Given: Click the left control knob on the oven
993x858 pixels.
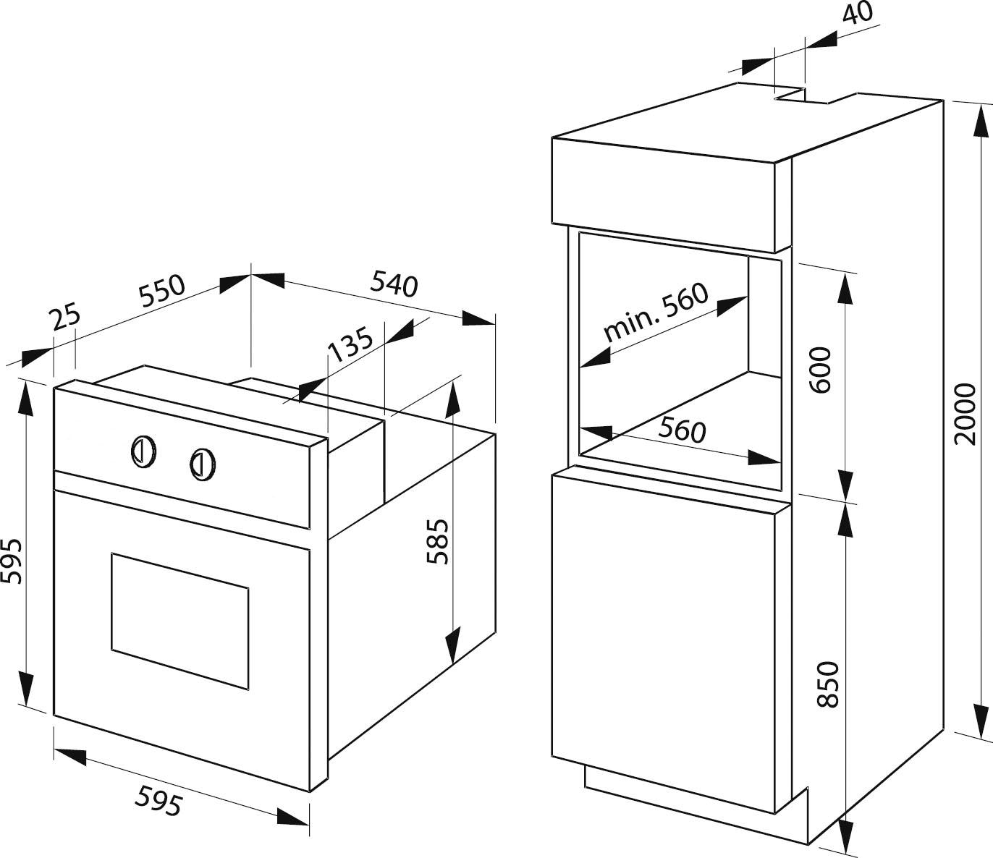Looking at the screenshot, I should point(142,450).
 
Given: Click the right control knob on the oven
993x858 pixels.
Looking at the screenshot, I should point(202,463).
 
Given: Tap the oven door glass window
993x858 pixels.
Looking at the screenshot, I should point(179,621).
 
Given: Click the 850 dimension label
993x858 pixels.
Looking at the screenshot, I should point(827,684).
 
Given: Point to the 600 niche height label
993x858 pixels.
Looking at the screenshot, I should point(821,370).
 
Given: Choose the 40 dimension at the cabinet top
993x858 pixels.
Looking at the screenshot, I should point(858,14).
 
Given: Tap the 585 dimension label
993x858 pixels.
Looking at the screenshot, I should point(438,541).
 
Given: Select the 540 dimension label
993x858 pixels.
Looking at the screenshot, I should point(394,284).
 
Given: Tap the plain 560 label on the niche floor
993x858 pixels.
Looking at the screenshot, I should point(681,430).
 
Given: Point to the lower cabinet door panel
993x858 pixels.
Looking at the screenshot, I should point(662,637).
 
